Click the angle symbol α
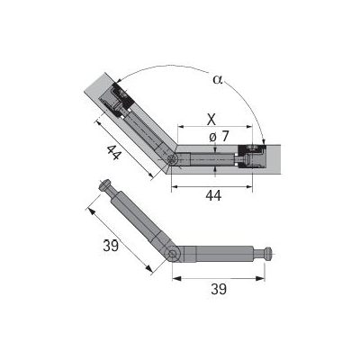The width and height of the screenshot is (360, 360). coord(218,79)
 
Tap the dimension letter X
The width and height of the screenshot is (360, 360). coord(211,120)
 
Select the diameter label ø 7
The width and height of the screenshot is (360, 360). coord(219,137)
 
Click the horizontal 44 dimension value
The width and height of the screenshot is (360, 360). coord(213,195)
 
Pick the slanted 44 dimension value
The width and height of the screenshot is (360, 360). coord(114,152)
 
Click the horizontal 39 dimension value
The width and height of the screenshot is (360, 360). coord(219,290)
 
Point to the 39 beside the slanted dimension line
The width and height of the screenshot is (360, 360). coord(111,246)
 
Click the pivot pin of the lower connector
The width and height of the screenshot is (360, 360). coord(172,254)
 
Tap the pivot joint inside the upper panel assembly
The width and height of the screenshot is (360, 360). coord(173,159)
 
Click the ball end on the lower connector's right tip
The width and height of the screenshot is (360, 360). coord(268,254)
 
